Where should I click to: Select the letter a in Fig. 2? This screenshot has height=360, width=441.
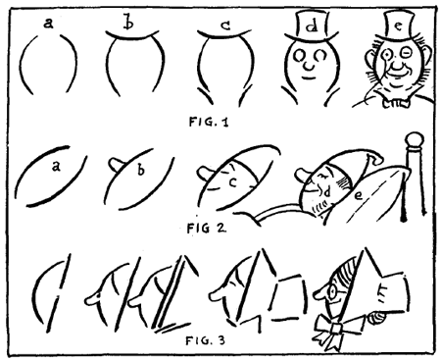point(57,168)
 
